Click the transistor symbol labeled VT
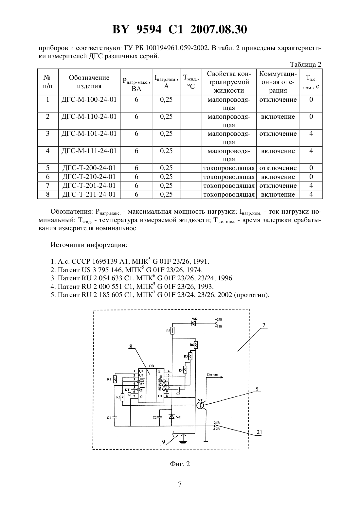pos(200,405)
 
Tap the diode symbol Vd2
pos(193,323)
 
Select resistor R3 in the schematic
pos(173,331)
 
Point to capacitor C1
pos(115,417)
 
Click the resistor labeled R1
pos(115,379)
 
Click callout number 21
pos(259,432)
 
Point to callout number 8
pos(131,346)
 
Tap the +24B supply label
pos(219,319)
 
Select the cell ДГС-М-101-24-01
pos(89,133)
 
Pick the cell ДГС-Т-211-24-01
pos(89,195)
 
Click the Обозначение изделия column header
pos(89,82)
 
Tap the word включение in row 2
pos(278,117)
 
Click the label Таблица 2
pos(306,64)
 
